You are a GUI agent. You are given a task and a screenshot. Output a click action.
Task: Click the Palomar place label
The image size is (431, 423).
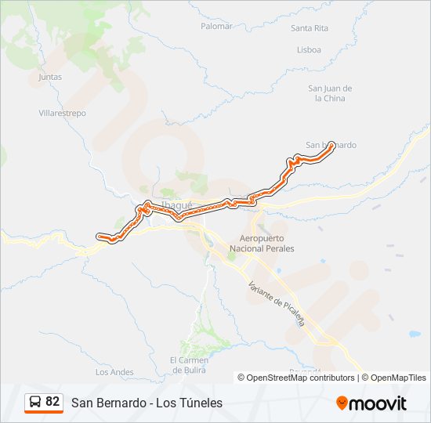(x=217, y=26)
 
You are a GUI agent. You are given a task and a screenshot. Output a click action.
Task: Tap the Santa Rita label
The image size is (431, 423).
(x=309, y=28)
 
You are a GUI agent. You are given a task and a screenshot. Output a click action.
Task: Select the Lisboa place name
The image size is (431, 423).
(x=309, y=49)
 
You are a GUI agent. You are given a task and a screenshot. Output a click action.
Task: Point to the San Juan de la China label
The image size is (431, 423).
(x=329, y=93)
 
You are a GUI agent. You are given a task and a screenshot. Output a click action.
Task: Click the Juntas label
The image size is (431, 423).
(x=49, y=77)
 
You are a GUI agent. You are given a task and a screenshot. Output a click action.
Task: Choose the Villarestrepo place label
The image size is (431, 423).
(x=62, y=113)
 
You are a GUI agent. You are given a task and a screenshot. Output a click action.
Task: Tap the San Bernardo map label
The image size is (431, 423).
(x=331, y=145)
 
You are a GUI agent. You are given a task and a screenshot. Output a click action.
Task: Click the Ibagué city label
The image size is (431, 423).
(x=176, y=205)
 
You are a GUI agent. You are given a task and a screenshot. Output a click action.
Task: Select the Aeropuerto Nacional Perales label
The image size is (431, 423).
(x=262, y=243)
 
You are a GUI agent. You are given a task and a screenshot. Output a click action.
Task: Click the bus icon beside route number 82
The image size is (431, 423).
(x=35, y=402)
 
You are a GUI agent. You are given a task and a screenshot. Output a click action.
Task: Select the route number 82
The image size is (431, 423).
(x=53, y=402)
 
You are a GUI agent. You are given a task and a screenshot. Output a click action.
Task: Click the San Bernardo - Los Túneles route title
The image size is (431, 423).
(x=147, y=403)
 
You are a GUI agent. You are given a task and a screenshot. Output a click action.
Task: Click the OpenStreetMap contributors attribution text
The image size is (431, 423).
(x=301, y=378)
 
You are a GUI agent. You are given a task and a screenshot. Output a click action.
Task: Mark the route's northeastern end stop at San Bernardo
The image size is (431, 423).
(x=331, y=145)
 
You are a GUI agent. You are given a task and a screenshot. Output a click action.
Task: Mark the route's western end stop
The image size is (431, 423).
(x=100, y=235)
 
